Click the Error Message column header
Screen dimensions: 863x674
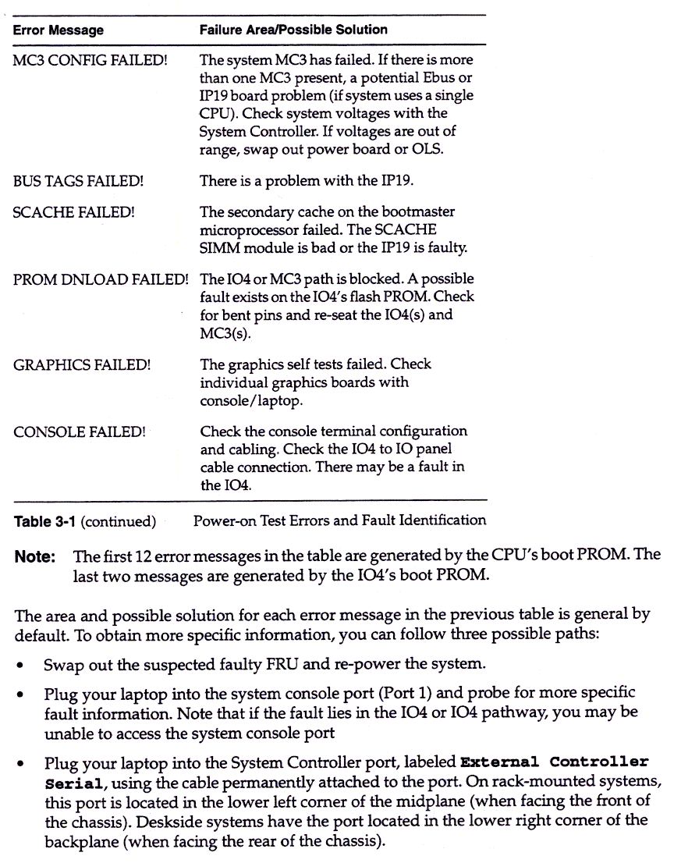pyautogui.click(x=58, y=30)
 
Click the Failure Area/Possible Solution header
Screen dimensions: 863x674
pyautogui.click(x=293, y=30)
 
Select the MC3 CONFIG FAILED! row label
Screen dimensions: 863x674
pyautogui.click(x=90, y=59)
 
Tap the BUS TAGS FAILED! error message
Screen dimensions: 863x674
pyautogui.click(x=78, y=181)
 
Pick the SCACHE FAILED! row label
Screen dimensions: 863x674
pyautogui.click(x=74, y=211)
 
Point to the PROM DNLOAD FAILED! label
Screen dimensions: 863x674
pyautogui.click(x=101, y=279)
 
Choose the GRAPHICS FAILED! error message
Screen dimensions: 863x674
pyautogui.click(x=82, y=364)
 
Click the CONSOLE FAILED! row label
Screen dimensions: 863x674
pyautogui.click(x=79, y=431)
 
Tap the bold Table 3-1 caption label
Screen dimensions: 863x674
pyautogui.click(x=44, y=521)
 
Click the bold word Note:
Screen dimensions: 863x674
pyautogui.click(x=35, y=556)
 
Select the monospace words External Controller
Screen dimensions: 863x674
pyautogui.click(x=555, y=762)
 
